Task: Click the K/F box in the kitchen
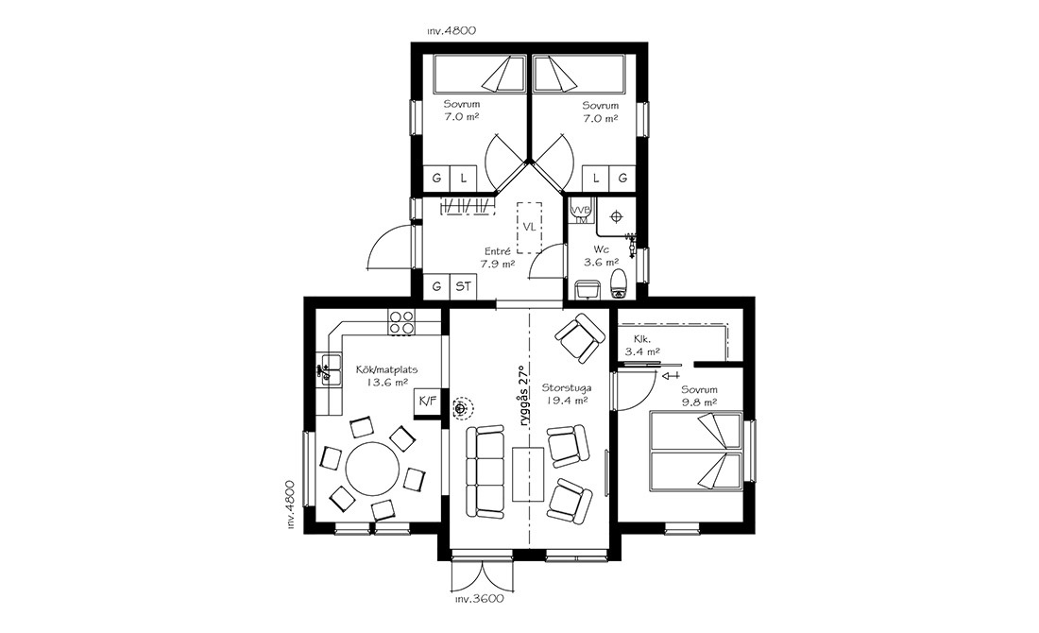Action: (427, 402)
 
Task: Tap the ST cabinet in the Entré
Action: (463, 286)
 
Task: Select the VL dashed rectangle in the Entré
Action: (529, 228)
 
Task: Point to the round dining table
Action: (372, 469)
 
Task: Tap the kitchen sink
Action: (329, 369)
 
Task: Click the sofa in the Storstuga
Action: (485, 471)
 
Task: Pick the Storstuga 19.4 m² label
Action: (566, 394)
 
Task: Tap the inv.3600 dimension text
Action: (480, 599)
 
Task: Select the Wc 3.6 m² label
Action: (601, 255)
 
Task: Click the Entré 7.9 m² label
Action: (499, 257)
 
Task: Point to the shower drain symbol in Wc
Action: (617, 216)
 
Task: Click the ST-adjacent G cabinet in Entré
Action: (436, 286)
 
